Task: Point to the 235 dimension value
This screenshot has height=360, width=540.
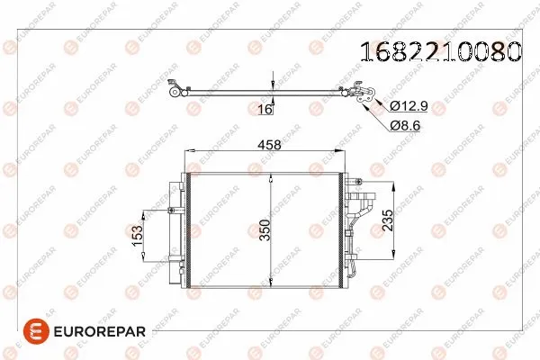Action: pos(386,220)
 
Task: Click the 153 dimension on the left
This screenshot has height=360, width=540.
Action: pos(137,235)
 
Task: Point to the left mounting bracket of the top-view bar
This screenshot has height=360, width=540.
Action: pos(176,89)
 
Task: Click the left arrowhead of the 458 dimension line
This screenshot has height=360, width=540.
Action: pos(188,152)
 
